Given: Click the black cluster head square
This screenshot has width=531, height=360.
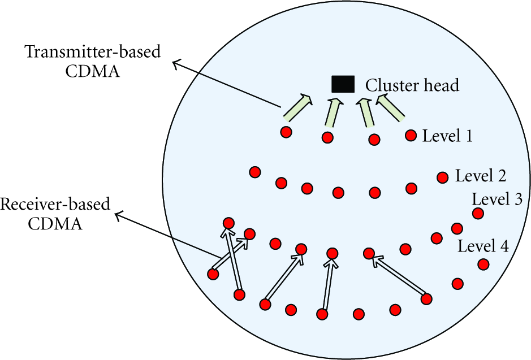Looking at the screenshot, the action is [x=343, y=84].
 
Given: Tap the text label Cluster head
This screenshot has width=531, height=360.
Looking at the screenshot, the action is [x=412, y=85].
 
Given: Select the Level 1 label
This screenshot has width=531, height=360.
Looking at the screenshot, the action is [x=447, y=136].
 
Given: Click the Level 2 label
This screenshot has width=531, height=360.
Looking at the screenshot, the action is [x=481, y=176].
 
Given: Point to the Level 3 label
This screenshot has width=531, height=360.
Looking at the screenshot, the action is [x=497, y=199].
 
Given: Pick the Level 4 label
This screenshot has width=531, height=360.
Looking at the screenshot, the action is [x=483, y=246].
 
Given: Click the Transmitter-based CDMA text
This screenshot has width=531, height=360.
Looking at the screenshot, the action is [x=92, y=62].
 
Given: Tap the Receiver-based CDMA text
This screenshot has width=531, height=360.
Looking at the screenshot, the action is [x=55, y=214].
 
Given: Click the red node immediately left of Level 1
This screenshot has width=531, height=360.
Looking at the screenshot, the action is [x=411, y=135].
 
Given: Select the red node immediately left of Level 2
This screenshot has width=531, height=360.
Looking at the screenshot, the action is [x=443, y=177].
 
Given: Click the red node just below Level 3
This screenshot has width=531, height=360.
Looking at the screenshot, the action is [x=478, y=214].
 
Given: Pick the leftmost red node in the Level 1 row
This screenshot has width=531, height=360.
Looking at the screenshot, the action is [x=286, y=132].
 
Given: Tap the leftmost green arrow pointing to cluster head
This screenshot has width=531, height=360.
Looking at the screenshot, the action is [x=297, y=107].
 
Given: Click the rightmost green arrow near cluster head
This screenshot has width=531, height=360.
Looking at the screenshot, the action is [x=390, y=107].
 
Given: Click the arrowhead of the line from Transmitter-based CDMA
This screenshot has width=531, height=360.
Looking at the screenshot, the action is [x=174, y=62].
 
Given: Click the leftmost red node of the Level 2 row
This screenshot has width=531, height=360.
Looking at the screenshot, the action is [x=254, y=172].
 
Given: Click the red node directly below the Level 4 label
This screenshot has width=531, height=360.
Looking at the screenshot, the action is [x=483, y=264].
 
